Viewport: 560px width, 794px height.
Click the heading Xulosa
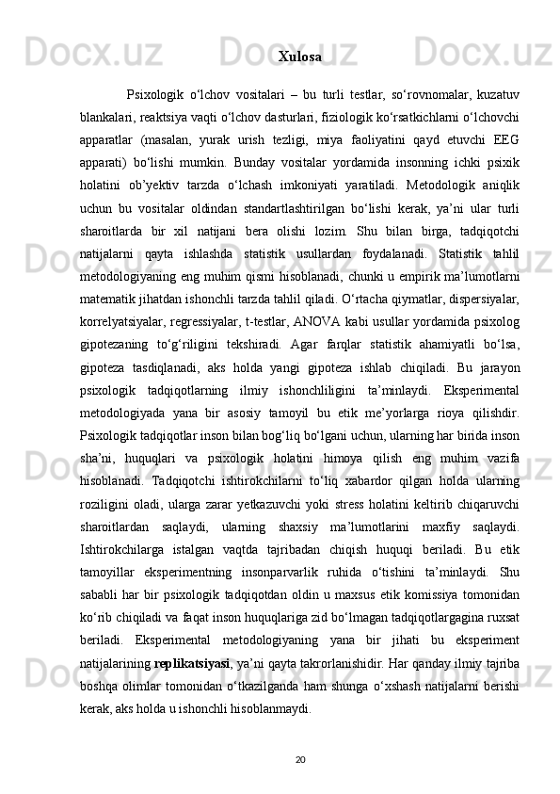coord(299,57)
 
